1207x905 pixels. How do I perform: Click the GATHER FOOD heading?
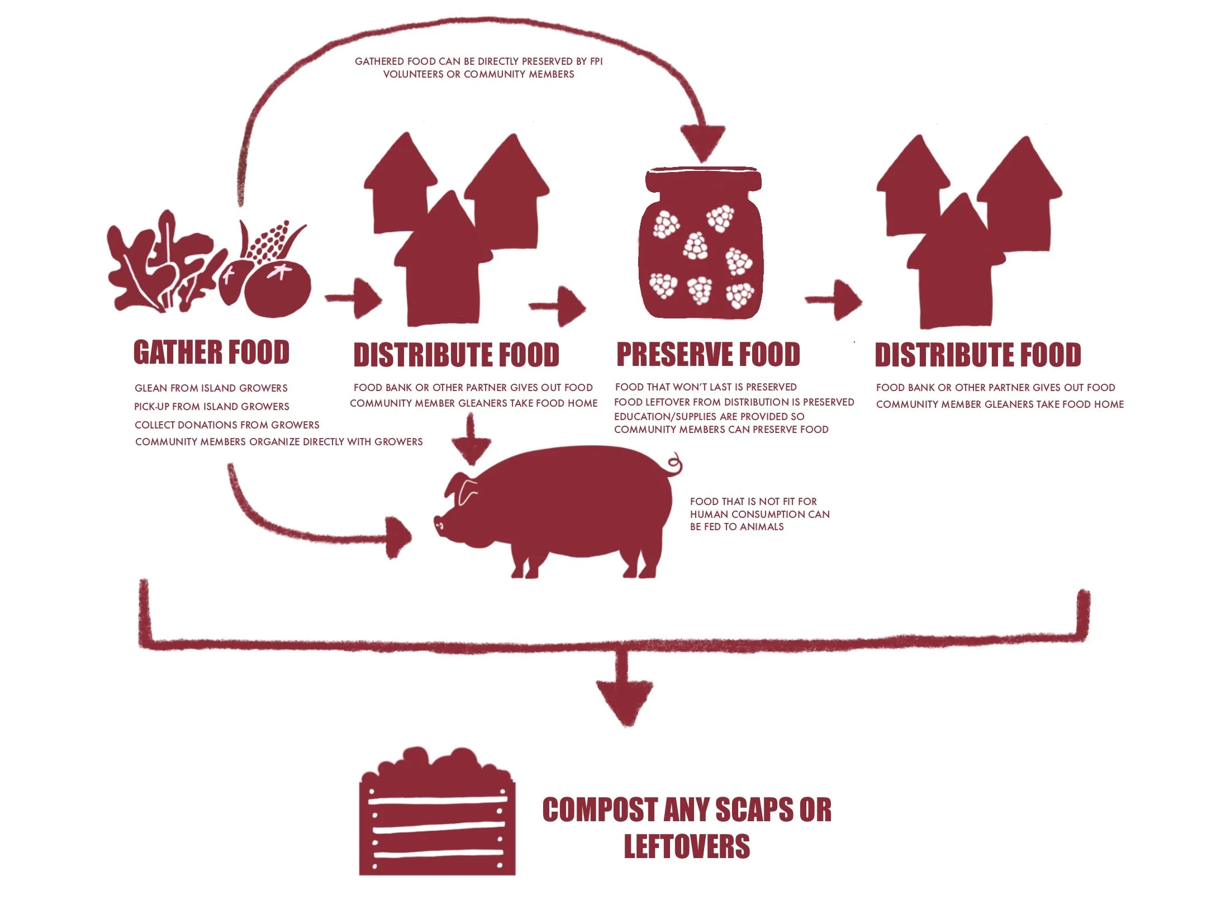point(211,353)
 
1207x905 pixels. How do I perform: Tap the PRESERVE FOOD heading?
point(708,355)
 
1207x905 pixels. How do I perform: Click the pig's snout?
point(439,523)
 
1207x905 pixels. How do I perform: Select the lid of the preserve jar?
point(703,179)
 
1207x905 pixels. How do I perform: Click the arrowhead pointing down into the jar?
point(702,142)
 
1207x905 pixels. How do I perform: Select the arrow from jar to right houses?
point(834,300)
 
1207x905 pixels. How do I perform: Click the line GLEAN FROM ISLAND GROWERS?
point(211,388)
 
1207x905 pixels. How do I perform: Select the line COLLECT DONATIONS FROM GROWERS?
point(227,425)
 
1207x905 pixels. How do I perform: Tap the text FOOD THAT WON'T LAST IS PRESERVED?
point(706,387)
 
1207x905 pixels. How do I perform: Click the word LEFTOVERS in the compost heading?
point(687,846)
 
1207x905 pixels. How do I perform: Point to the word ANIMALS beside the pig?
point(762,527)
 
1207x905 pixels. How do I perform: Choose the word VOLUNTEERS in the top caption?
point(413,74)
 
